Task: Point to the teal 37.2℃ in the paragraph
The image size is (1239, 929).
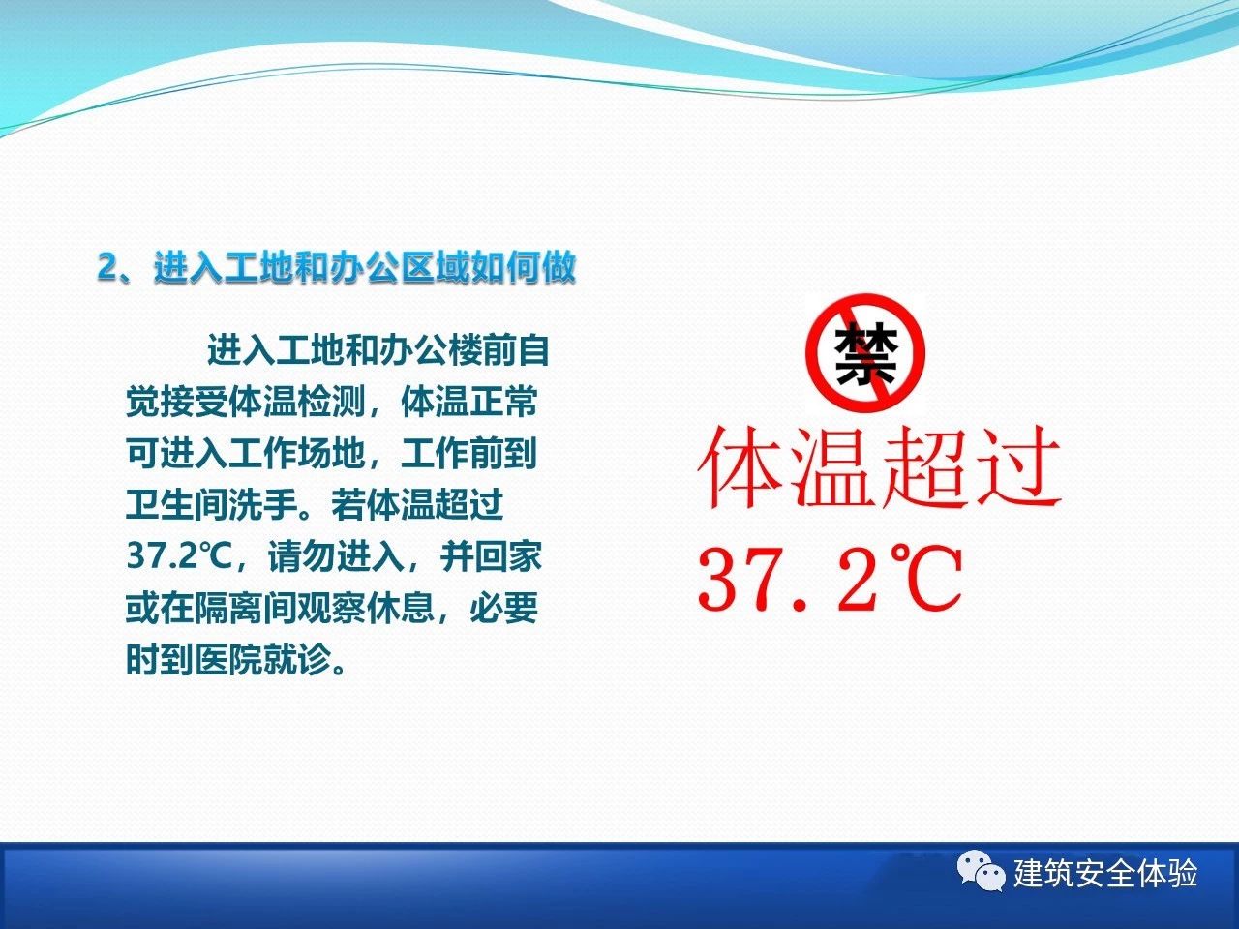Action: [179, 556]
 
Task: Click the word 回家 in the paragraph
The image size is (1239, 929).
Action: [508, 556]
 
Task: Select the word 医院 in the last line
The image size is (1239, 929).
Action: [228, 659]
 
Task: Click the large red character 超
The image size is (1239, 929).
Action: [922, 467]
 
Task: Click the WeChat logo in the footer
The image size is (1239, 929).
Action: [982, 872]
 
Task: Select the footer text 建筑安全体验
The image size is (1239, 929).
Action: [1105, 873]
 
